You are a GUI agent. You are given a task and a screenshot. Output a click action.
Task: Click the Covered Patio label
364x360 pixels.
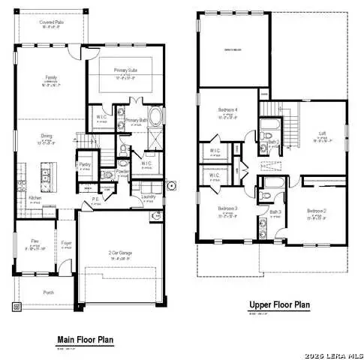52,22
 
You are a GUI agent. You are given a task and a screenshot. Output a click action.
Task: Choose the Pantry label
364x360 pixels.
85,164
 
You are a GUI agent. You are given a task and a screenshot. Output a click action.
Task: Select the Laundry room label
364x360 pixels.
149,197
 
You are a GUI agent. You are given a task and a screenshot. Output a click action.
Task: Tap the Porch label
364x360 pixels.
50,293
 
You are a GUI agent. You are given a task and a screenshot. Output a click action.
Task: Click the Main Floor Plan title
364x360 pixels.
85,340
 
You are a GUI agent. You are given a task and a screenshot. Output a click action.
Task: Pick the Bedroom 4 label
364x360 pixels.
228,110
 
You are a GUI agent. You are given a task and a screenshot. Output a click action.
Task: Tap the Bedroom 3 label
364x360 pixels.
227,208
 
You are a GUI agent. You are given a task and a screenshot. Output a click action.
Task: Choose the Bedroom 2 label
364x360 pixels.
317,212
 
